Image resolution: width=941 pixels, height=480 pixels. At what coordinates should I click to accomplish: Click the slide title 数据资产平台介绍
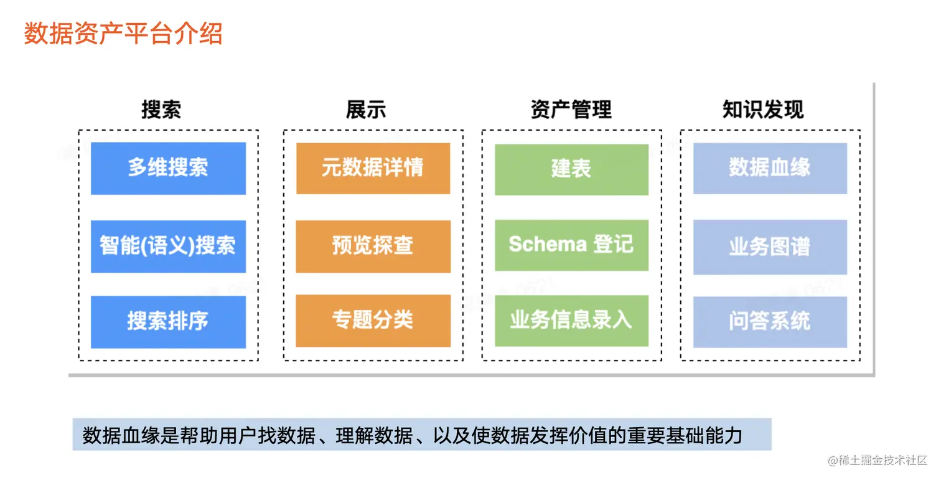click(x=123, y=33)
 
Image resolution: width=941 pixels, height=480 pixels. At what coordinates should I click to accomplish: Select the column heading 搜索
click(x=161, y=110)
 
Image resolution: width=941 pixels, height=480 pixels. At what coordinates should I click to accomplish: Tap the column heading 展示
click(x=366, y=110)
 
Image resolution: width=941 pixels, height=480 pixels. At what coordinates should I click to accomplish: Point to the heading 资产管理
click(x=571, y=110)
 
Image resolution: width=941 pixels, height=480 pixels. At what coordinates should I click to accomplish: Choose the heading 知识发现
click(x=763, y=110)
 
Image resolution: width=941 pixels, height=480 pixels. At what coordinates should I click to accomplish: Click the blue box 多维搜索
click(x=169, y=168)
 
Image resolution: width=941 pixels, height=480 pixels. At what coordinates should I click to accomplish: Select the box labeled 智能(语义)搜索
click(x=169, y=247)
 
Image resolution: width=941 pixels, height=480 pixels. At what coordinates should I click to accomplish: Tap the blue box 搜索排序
click(x=169, y=322)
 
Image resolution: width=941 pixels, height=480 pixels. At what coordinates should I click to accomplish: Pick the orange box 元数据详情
click(x=373, y=168)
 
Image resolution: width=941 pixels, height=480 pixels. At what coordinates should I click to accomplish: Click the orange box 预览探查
click(x=373, y=247)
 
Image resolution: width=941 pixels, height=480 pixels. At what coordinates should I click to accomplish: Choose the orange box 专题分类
click(x=373, y=321)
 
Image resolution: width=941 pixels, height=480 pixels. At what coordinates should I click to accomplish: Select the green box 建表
click(x=572, y=169)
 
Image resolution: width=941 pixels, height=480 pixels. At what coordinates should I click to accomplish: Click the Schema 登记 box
click(x=572, y=245)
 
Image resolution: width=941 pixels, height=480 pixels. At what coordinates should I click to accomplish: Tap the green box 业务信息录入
click(x=572, y=321)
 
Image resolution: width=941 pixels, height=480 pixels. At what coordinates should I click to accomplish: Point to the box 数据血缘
click(x=770, y=168)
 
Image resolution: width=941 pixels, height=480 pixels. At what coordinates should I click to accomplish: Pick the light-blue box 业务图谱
click(x=770, y=247)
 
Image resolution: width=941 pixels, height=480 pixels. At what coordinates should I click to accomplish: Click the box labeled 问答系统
click(x=770, y=322)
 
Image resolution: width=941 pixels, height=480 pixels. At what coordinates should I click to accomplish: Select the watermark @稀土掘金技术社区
click(x=877, y=460)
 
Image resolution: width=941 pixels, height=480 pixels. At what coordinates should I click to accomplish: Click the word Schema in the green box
click(x=548, y=244)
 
